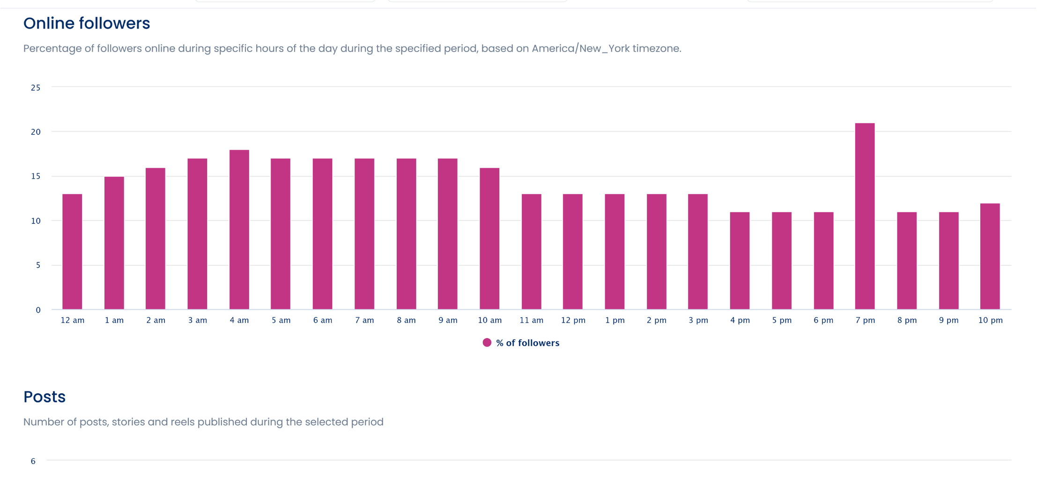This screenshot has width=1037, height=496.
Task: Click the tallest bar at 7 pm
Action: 865,216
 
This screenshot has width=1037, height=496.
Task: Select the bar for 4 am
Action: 239,230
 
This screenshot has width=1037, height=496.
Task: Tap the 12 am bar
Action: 72,252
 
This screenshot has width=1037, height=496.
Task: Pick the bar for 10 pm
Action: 990,256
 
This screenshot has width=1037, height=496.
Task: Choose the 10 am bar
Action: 489,239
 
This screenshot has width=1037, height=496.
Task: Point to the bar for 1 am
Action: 114,243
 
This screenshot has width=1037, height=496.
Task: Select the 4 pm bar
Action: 740,261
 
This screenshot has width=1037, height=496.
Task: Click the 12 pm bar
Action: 573,252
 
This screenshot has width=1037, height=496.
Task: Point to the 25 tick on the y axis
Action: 36,88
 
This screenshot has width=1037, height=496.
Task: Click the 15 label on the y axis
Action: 36,176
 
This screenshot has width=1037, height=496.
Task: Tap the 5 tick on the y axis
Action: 38,265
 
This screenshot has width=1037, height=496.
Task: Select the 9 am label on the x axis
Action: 448,320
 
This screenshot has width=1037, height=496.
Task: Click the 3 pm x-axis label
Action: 698,320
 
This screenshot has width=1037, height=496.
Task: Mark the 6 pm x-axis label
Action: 823,320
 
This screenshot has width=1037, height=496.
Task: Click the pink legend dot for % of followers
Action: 487,343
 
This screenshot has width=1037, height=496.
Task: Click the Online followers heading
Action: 87,23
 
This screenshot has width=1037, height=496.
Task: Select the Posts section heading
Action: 44,397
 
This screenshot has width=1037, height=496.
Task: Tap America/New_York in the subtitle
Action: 580,48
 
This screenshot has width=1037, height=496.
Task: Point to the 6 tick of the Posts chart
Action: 33,461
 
